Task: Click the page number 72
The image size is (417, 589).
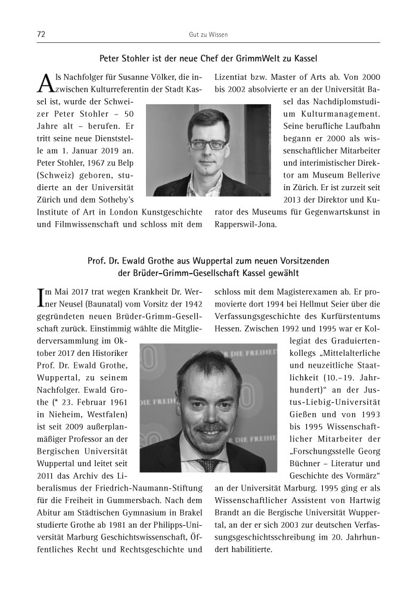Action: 41,35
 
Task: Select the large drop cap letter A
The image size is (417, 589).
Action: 46,85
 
